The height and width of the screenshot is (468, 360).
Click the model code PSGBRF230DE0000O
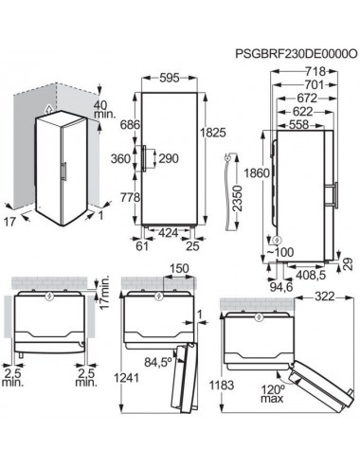297,54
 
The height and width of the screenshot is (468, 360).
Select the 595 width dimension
170,78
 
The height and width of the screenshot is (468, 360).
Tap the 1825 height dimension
213,133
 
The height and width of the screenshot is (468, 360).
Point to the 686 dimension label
130,125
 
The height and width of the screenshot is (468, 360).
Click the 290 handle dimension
169,158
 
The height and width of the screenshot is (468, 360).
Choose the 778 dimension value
130,198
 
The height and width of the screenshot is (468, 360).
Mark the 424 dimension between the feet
168,233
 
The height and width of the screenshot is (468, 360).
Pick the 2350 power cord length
237,198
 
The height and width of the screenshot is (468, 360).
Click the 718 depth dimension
315,72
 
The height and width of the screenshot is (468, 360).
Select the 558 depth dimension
298,124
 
